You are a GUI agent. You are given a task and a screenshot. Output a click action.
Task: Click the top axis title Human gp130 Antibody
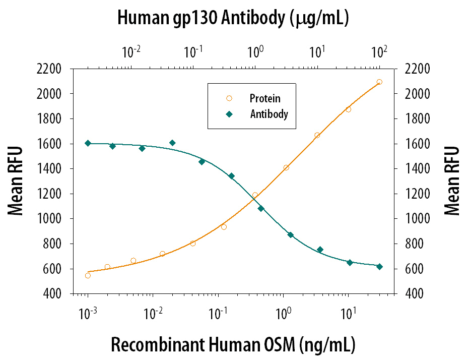(233, 18)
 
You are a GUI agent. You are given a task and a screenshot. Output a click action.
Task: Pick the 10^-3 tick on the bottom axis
(88, 314)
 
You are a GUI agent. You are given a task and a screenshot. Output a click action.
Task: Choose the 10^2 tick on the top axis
(379, 52)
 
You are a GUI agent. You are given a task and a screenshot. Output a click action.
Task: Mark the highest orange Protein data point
(379, 82)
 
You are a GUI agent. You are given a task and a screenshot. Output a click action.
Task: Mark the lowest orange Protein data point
(88, 275)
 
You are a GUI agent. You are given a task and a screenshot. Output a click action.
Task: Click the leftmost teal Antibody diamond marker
(88, 143)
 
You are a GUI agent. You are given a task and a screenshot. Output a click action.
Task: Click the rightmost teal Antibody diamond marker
(379, 267)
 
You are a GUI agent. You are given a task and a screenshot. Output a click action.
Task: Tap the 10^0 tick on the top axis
(255, 52)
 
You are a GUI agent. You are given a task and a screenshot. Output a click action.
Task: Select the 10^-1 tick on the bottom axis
(218, 314)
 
